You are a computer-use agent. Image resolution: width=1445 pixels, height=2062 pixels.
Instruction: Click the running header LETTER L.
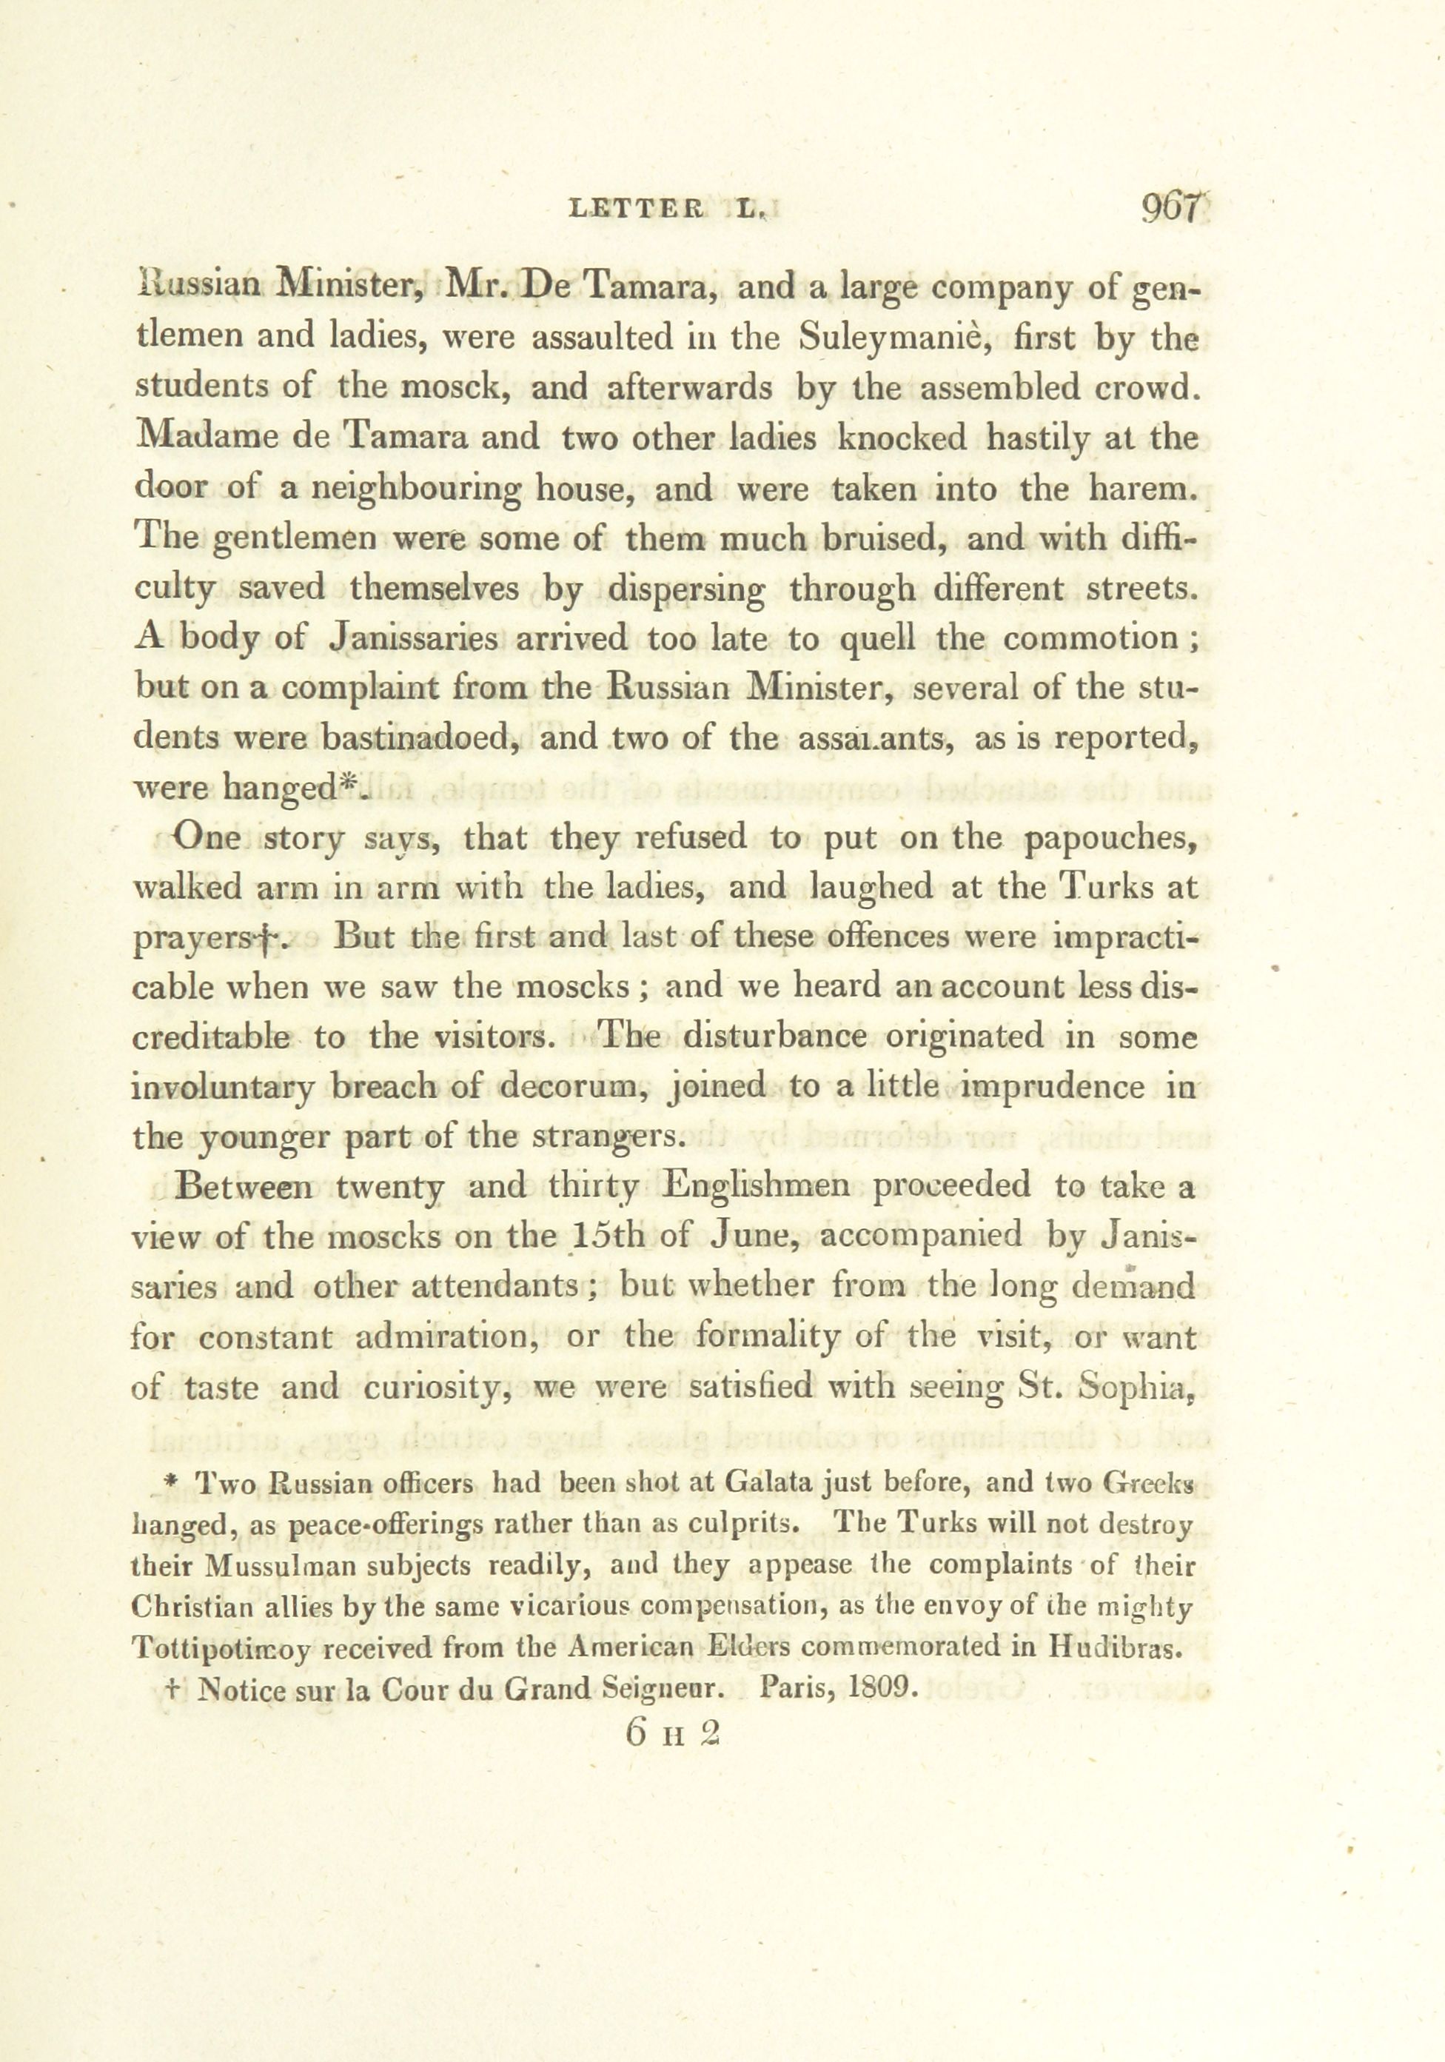669,212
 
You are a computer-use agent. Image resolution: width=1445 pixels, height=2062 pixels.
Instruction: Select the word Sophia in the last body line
1140,1387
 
